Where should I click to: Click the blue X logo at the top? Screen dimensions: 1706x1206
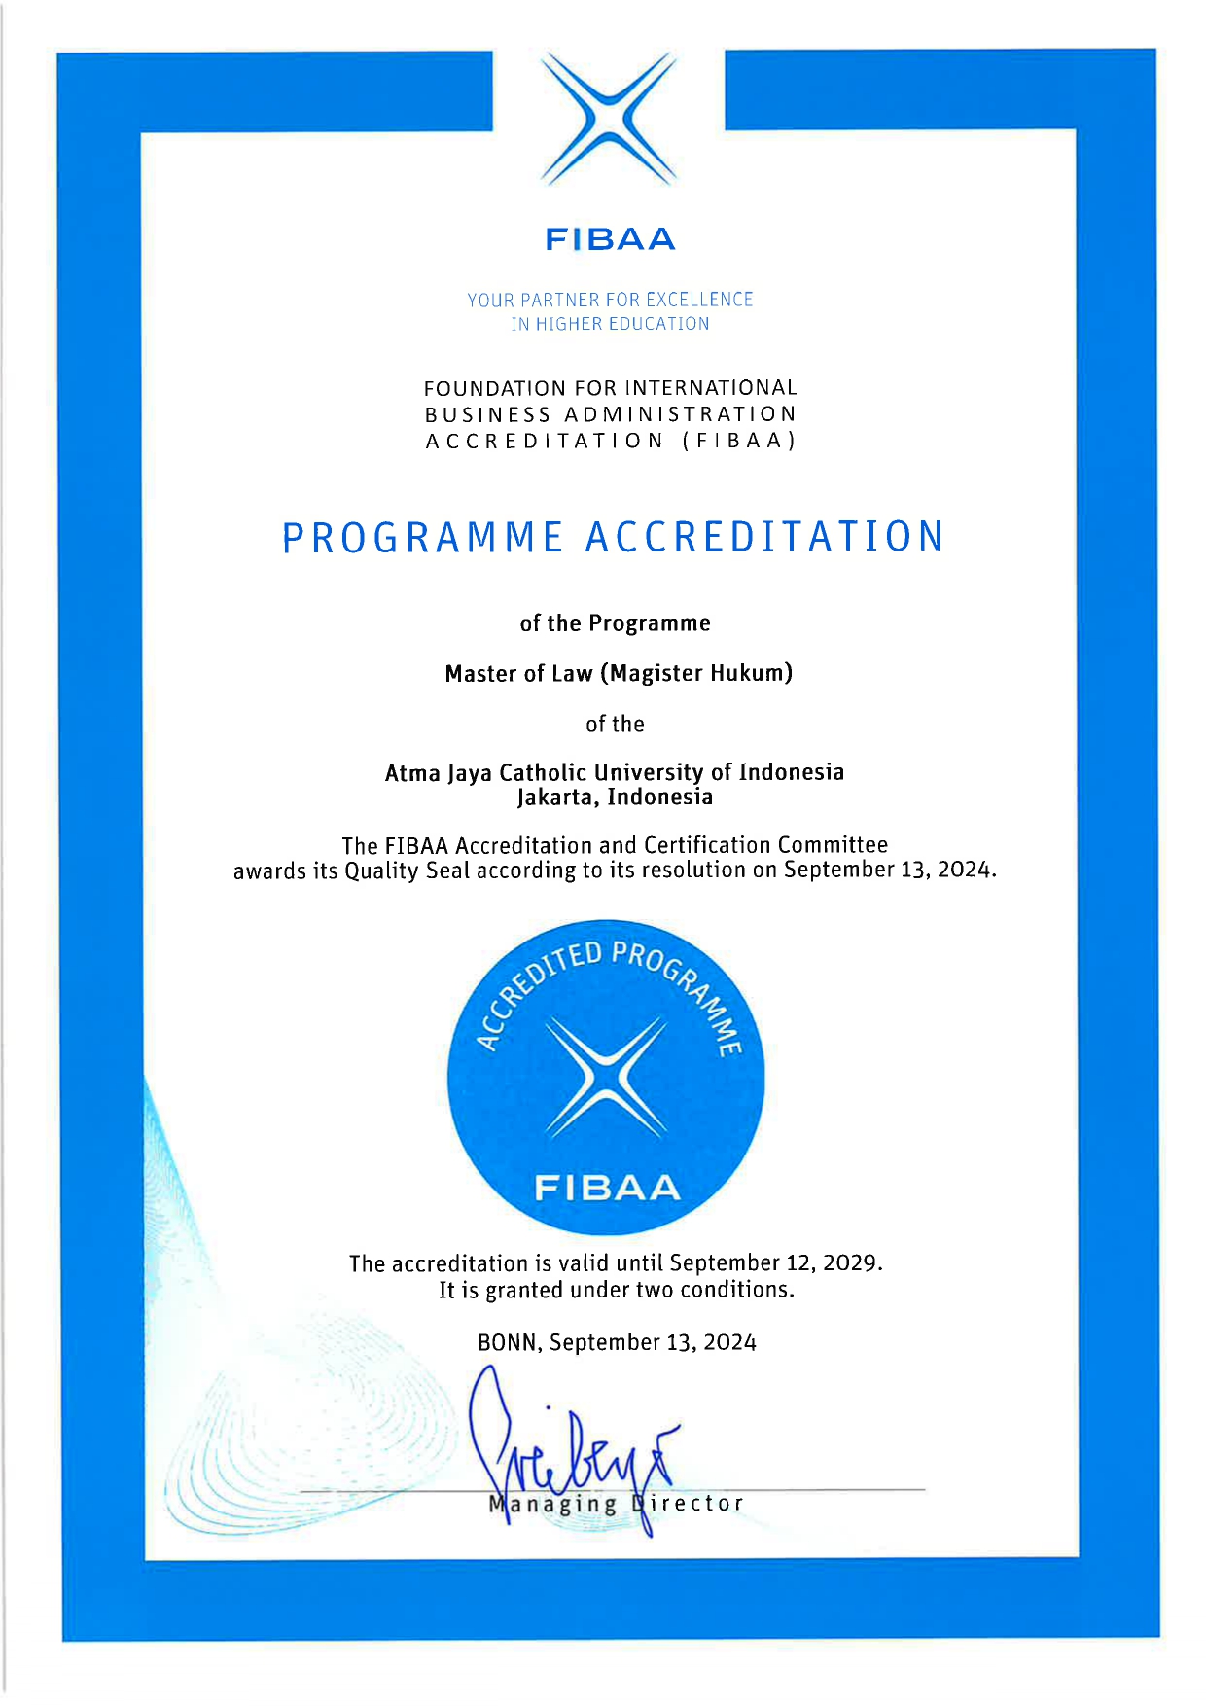tap(609, 119)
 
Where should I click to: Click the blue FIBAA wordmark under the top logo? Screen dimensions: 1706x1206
tap(610, 239)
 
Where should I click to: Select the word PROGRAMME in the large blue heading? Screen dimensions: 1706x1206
tap(422, 537)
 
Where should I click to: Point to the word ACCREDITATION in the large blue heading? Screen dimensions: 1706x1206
tap(764, 537)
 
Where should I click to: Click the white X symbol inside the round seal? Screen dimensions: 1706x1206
tap(606, 1077)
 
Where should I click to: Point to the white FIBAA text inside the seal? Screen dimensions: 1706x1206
tap(607, 1188)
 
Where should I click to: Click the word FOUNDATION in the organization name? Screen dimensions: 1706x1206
tap(494, 388)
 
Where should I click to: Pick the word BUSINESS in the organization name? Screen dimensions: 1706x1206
tap(487, 414)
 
